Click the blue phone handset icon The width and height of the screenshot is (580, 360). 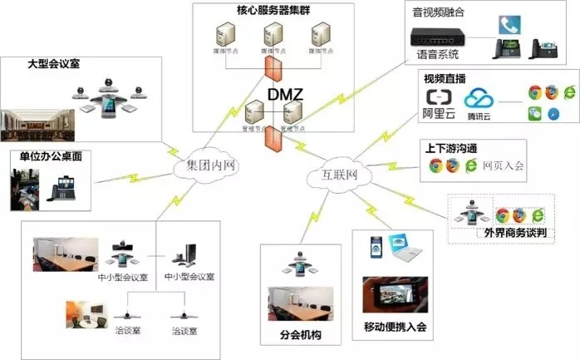(508, 25)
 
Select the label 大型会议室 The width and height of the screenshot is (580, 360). (54, 63)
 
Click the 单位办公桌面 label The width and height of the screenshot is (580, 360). (51, 155)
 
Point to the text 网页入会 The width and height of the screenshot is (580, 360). (504, 166)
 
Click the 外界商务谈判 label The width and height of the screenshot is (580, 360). (514, 234)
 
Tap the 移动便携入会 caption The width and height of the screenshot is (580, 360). (395, 326)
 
